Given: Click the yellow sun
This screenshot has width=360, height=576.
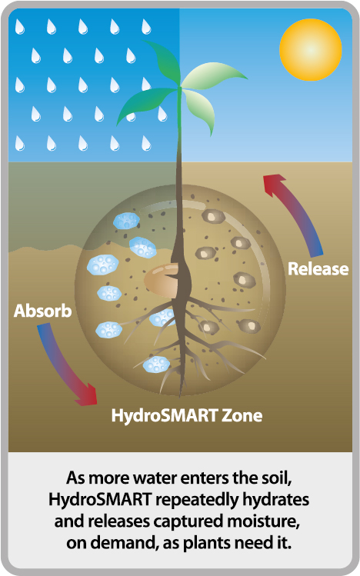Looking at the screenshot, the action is click(311, 49).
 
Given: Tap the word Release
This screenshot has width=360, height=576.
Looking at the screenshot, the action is click(318, 268).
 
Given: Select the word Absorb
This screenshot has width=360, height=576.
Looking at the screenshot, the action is click(42, 311).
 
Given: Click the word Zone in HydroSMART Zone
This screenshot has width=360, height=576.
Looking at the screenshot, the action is click(242, 415).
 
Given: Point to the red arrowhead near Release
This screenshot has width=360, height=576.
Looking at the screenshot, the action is click(275, 185).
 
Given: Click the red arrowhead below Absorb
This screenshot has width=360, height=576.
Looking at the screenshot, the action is click(87, 395).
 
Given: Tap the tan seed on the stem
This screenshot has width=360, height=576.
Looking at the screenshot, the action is click(161, 280).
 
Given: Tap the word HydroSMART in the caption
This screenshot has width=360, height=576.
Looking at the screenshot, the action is click(100, 500).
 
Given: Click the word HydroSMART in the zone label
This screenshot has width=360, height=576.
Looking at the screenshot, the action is click(165, 416).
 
